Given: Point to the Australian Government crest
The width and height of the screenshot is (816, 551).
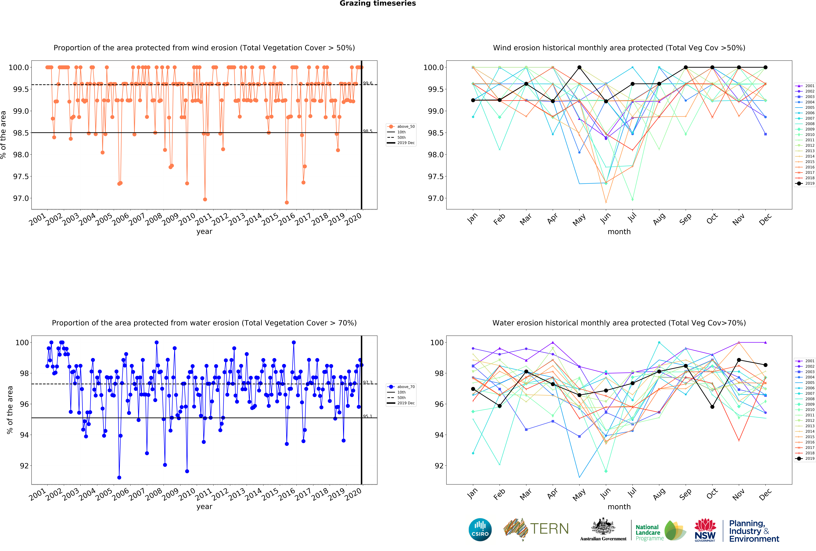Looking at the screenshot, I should click(603, 526).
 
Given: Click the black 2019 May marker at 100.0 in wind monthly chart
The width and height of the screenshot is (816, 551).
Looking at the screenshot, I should click(579, 67).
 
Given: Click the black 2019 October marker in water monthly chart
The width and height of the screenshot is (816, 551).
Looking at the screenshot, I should click(712, 407).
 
